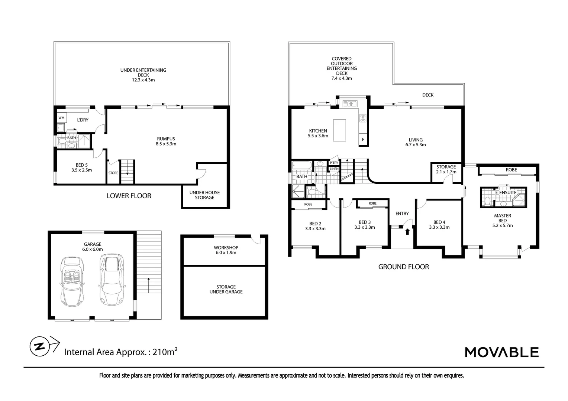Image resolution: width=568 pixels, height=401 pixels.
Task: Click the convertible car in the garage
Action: pos(72,281)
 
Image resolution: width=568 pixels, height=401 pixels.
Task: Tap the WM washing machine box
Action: pos(61,118)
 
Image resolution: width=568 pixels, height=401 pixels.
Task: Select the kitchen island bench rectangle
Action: pos(339,130)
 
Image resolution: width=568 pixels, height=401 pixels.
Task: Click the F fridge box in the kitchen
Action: pos(363,139)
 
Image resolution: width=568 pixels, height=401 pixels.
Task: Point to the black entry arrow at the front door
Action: pos(407,232)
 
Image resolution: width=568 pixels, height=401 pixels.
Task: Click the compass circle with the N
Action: pos(39,346)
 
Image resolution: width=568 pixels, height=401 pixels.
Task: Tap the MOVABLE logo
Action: pos(502,352)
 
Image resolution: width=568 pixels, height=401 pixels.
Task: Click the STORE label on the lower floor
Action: pos(113,173)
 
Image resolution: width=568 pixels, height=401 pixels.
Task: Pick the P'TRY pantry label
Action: pos(334,163)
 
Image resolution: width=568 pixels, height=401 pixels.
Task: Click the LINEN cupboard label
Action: pos(334,169)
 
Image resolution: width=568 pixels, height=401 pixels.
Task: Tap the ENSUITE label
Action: pos(508,193)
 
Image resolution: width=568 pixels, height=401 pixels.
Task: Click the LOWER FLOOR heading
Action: pos(129,196)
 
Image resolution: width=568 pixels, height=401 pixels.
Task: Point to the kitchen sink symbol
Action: pos(350,104)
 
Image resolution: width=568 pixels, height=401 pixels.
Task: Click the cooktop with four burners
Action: pos(363,118)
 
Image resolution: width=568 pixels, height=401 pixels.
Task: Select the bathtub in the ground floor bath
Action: pos(302,166)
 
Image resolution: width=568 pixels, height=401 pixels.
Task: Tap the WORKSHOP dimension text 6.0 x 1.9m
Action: pos(226,252)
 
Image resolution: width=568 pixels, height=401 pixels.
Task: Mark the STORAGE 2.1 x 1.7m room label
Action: pos(446,169)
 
